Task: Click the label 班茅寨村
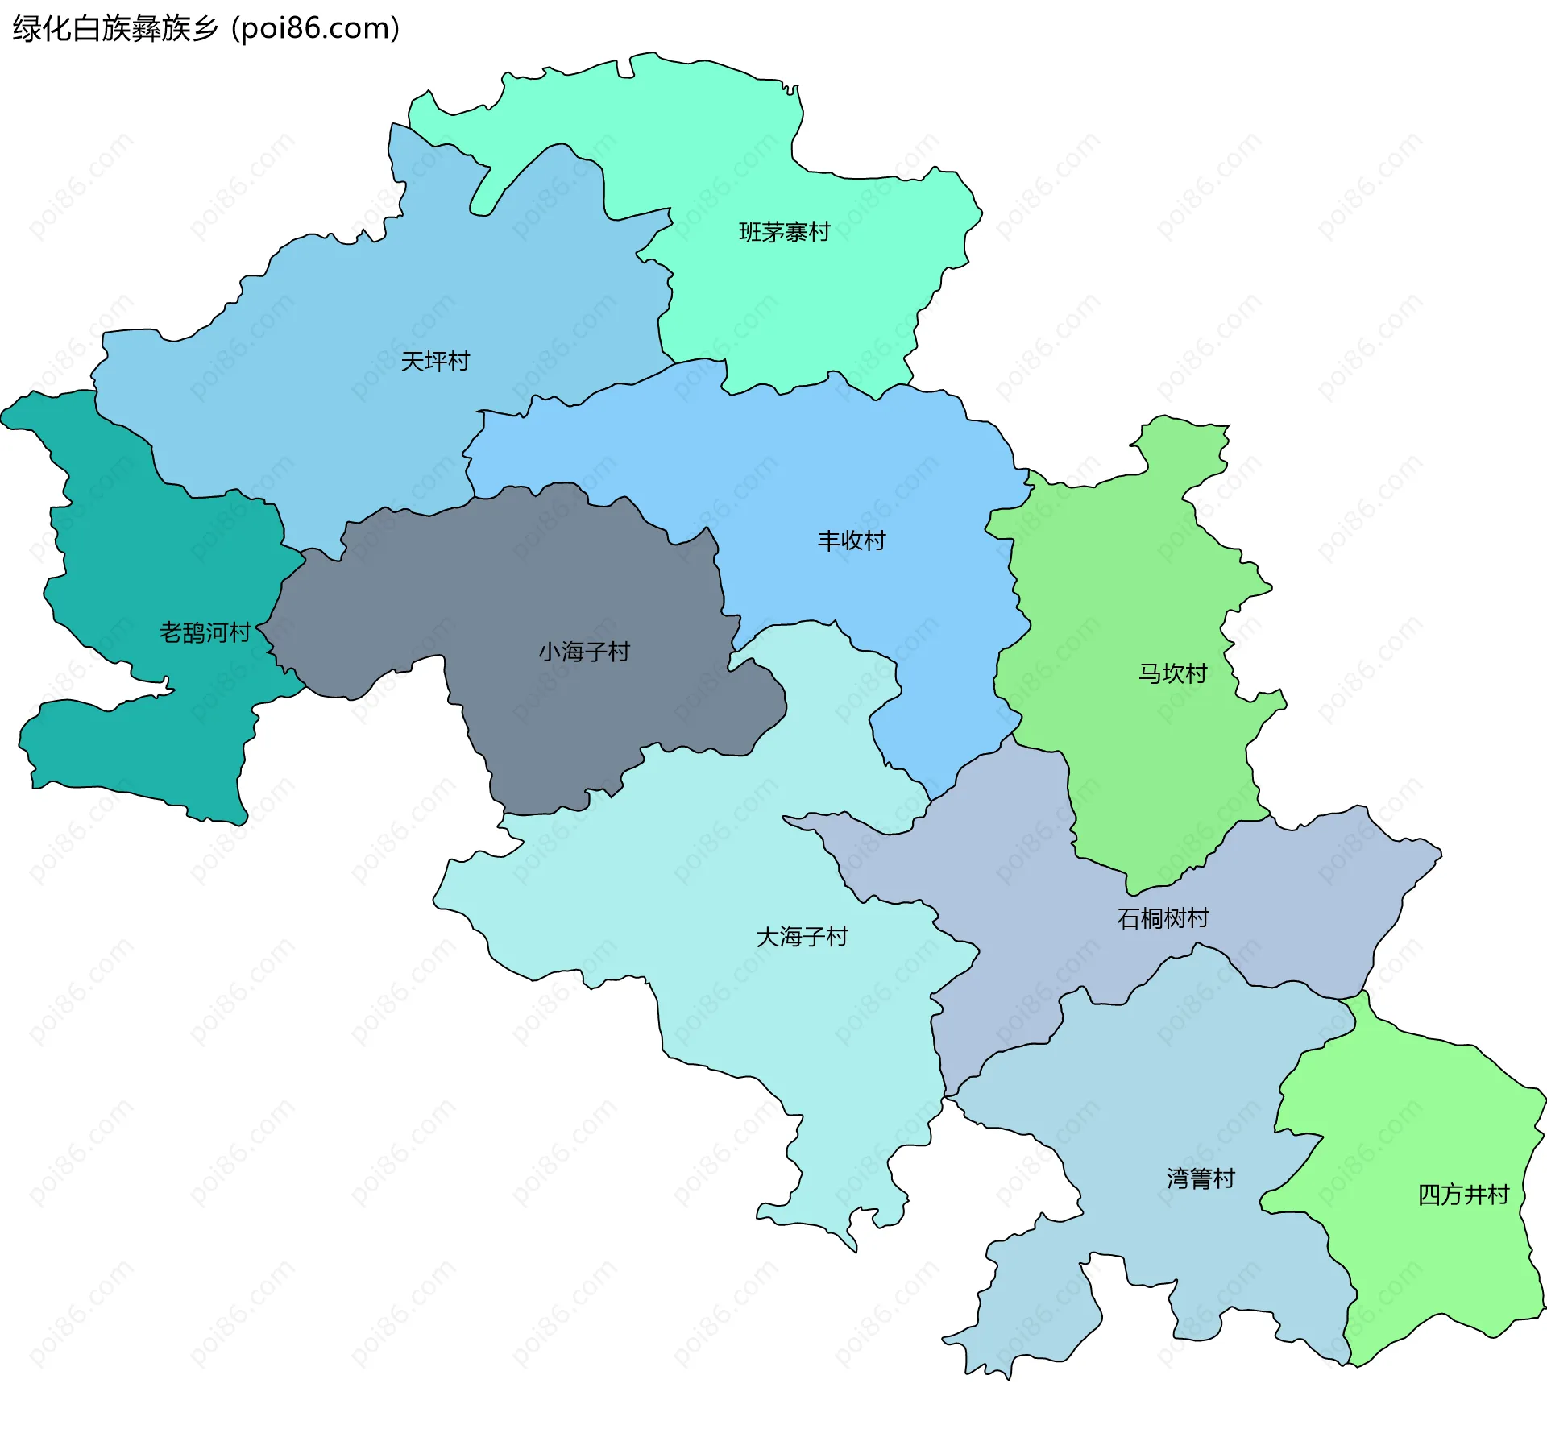[x=784, y=232]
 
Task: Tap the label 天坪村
[x=435, y=361]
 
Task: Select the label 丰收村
[x=852, y=540]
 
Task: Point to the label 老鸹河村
[x=205, y=632]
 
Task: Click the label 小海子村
[x=584, y=652]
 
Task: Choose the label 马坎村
[x=1172, y=673]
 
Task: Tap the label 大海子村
[x=802, y=937]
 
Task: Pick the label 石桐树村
[x=1163, y=918]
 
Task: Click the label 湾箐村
[x=1201, y=1178]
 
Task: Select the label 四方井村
[x=1463, y=1195]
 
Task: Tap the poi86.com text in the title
[x=315, y=29]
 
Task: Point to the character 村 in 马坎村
[x=1196, y=673]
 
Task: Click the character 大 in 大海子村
[x=767, y=937]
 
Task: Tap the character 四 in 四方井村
[x=1429, y=1195]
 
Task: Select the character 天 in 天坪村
[x=412, y=361]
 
